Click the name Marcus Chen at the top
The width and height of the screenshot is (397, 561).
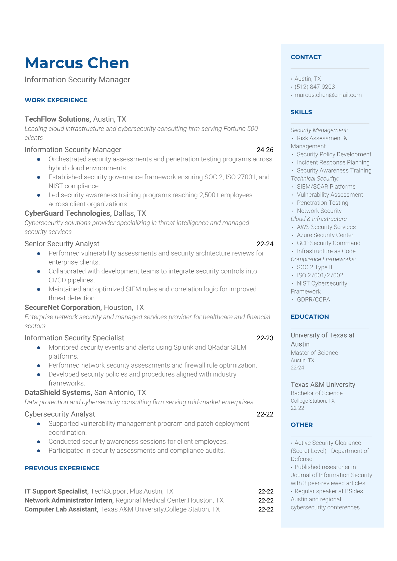[77, 63]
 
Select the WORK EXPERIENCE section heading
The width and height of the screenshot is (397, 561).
[56, 100]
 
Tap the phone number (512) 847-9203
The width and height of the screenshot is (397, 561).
[315, 87]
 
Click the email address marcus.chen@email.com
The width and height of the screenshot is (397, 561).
[328, 95]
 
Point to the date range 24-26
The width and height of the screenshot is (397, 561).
[265, 150]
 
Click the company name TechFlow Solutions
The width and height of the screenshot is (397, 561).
[57, 119]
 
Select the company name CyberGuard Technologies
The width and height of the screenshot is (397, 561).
[68, 213]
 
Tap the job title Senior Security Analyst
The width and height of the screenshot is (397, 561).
[62, 244]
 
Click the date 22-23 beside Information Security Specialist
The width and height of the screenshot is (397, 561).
[265, 338]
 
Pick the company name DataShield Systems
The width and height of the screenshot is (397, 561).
[58, 393]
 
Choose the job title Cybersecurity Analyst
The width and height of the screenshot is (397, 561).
[60, 414]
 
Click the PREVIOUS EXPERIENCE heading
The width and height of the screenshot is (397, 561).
[62, 468]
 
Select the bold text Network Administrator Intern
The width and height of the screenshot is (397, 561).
[69, 500]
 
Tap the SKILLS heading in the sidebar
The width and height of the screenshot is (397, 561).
[301, 112]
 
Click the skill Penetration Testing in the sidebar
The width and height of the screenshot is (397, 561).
[322, 203]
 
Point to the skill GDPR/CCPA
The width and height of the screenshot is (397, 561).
[313, 299]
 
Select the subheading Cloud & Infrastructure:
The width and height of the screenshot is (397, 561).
[319, 219]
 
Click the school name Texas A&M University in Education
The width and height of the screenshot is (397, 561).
[323, 384]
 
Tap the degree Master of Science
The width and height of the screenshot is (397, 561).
[314, 353]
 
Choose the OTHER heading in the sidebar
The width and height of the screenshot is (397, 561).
[302, 425]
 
